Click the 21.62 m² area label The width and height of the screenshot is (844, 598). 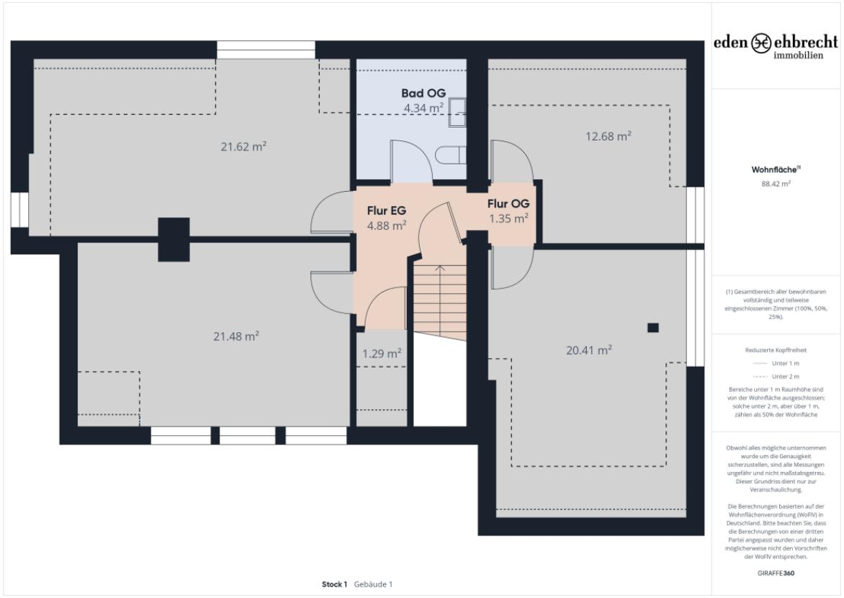pyautogui.click(x=243, y=146)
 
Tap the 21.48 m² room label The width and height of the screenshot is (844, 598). pyautogui.click(x=236, y=336)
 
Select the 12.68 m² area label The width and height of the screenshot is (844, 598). pyautogui.click(x=608, y=135)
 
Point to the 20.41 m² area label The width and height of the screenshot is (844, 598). pyautogui.click(x=588, y=350)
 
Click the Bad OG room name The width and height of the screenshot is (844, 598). pyautogui.click(x=423, y=94)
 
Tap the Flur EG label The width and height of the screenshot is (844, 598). pyautogui.click(x=387, y=210)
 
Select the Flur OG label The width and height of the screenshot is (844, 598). pyautogui.click(x=508, y=204)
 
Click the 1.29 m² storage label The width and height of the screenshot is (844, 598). pyautogui.click(x=381, y=354)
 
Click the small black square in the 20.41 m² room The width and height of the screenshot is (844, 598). pyautogui.click(x=652, y=328)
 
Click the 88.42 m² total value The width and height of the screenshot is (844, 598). pyautogui.click(x=776, y=184)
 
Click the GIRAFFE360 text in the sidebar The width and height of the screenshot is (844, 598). pyautogui.click(x=776, y=574)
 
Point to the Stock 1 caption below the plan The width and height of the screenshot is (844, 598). pyautogui.click(x=335, y=584)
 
